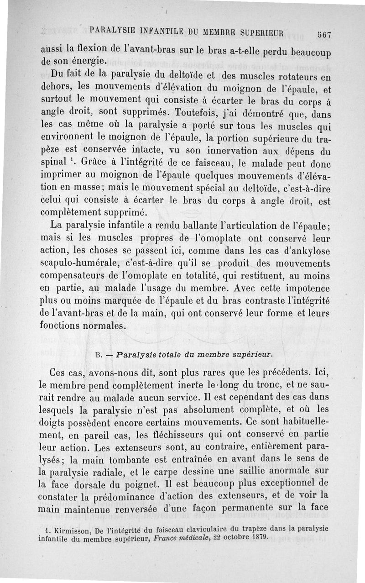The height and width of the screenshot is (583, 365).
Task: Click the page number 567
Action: (x=324, y=34)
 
